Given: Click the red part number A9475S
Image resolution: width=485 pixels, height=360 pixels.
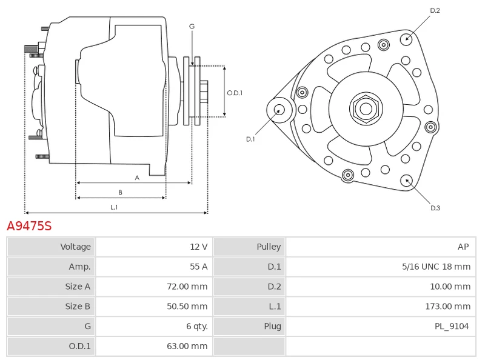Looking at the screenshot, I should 29,227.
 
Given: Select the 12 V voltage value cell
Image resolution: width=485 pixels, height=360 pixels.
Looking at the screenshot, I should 199,247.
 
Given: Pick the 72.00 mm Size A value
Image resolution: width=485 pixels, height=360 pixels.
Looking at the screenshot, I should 187,287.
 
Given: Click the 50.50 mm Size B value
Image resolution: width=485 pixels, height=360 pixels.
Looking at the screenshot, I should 187,307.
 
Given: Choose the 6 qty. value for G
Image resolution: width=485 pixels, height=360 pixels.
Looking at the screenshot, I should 196,326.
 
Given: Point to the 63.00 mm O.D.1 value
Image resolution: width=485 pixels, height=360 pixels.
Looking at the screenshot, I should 187,346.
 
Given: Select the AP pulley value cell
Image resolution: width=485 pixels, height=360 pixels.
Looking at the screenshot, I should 463,247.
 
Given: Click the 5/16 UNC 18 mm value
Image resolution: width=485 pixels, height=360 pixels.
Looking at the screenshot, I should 436,267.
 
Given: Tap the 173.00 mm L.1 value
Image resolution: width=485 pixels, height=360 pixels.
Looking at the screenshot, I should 447,307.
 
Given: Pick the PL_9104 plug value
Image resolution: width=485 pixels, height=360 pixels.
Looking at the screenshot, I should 451,326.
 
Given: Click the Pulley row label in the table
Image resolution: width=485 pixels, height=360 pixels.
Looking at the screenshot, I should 269,247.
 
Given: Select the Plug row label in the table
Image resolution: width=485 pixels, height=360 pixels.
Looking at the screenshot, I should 272,326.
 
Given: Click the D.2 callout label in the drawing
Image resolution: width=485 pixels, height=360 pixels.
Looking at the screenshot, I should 435,10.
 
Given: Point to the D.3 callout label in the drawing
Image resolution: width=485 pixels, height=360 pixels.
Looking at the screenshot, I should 435,208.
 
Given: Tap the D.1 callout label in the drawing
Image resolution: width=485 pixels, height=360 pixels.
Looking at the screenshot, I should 250,139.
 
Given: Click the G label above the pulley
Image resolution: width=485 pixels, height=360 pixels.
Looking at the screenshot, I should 192,27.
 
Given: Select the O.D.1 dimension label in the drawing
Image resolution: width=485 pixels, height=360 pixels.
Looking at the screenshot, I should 235,93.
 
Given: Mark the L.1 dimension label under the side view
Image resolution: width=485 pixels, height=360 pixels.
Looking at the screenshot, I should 113,207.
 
